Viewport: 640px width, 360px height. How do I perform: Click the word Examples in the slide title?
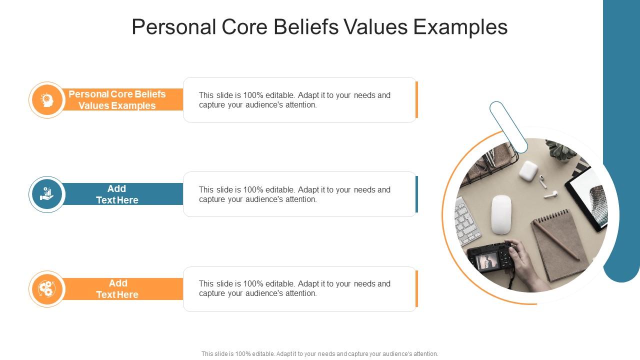pyautogui.click(x=460, y=27)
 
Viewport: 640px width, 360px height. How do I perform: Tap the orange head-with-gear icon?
pyautogui.click(x=47, y=100)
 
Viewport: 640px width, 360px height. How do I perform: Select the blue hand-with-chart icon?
pyautogui.click(x=47, y=194)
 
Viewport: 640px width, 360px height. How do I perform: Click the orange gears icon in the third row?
pyautogui.click(x=47, y=289)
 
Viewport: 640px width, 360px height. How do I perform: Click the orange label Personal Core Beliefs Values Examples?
pyautogui.click(x=117, y=100)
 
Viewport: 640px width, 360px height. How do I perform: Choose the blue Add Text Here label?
pyautogui.click(x=117, y=194)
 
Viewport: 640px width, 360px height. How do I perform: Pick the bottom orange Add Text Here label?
pyautogui.click(x=117, y=289)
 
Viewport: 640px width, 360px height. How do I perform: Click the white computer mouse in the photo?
pyautogui.click(x=501, y=214)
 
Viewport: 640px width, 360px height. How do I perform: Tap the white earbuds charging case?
pyautogui.click(x=528, y=170)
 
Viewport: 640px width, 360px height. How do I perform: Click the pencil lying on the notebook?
pyautogui.click(x=556, y=239)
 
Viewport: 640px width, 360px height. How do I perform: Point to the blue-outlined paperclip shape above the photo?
pyautogui.click(x=508, y=126)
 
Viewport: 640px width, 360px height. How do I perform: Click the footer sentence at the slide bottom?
pyautogui.click(x=320, y=353)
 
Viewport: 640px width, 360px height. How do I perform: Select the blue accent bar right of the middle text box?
pyautogui.click(x=416, y=194)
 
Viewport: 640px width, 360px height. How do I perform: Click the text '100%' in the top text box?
pyautogui.click(x=252, y=95)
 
